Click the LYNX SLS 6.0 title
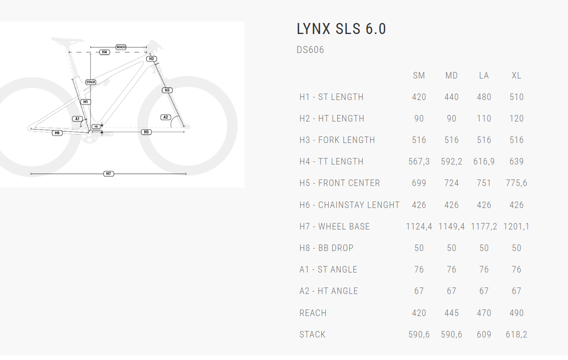pyautogui.click(x=341, y=29)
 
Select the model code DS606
pyautogui.click(x=310, y=50)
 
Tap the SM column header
pyautogui.click(x=419, y=75)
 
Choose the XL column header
pyautogui.click(x=517, y=75)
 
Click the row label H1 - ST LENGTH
pyautogui.click(x=331, y=97)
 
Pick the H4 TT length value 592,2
pyautogui.click(x=451, y=161)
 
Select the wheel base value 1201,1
pyautogui.click(x=517, y=226)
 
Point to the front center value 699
pyautogui.click(x=419, y=183)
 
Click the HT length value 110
pyautogui.click(x=484, y=118)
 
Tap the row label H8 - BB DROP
pyautogui.click(x=326, y=248)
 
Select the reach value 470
pyautogui.click(x=484, y=313)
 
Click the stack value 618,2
pyautogui.click(x=517, y=334)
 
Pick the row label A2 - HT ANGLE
pyautogui.click(x=329, y=291)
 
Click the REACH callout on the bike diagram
pyautogui.click(x=121, y=47)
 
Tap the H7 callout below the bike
pyautogui.click(x=108, y=173)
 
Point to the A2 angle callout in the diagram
pyautogui.click(x=166, y=117)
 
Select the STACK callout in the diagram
pyautogui.click(x=90, y=82)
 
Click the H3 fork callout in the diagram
pyautogui.click(x=167, y=90)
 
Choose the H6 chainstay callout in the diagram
pyautogui.click(x=57, y=133)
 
